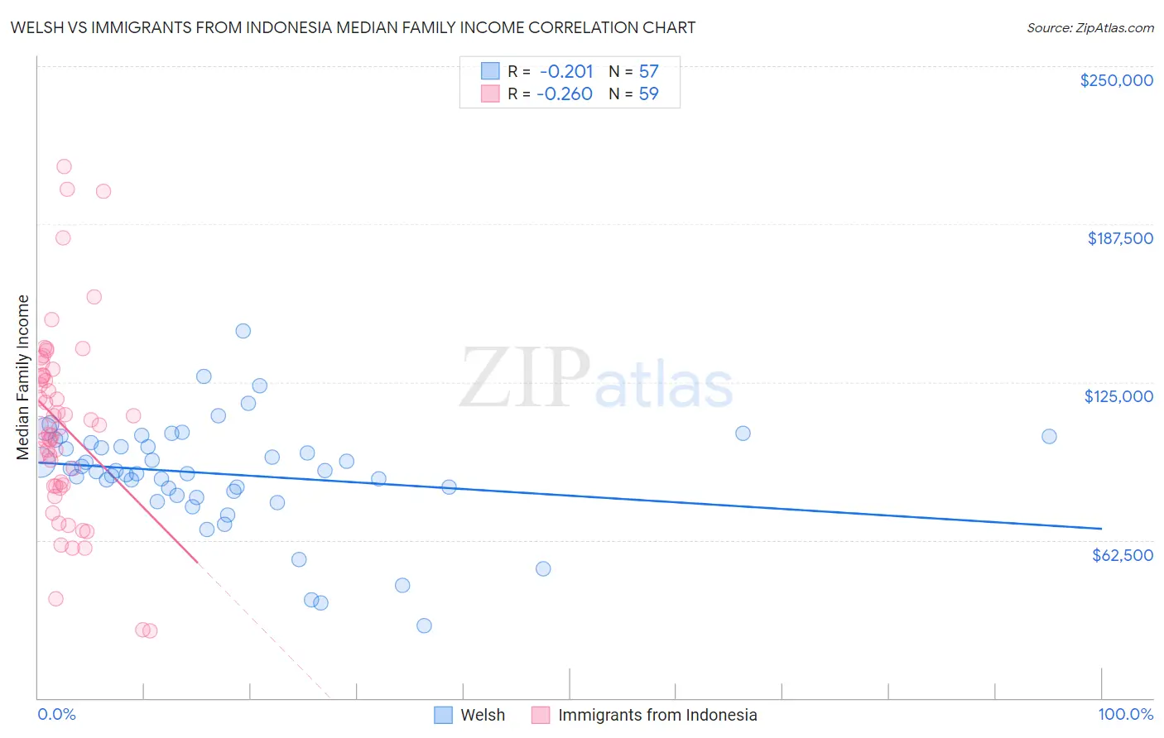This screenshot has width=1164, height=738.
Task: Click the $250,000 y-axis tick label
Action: tap(1116, 80)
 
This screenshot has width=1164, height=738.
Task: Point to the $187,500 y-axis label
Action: tap(1119, 238)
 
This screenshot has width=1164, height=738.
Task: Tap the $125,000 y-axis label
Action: tap(1118, 396)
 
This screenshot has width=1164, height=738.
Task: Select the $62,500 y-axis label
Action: tap(1122, 555)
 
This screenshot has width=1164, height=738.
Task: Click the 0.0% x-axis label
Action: tap(56, 714)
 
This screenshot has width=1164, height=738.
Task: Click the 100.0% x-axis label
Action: tap(1125, 714)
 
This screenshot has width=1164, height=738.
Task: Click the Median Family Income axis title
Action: tap(23, 377)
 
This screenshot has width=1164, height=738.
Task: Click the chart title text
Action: tap(353, 27)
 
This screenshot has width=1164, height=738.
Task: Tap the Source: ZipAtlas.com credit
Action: tap(1089, 27)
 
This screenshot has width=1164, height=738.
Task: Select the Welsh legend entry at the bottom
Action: tap(482, 715)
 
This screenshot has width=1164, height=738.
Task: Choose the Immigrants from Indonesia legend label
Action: tap(657, 715)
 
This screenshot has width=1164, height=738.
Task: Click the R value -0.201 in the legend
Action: tap(566, 71)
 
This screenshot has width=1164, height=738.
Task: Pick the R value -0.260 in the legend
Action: tap(565, 93)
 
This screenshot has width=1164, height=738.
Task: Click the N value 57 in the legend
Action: tap(648, 71)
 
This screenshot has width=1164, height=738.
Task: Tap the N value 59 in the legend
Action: tap(648, 93)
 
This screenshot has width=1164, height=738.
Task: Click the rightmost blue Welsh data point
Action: tap(1049, 436)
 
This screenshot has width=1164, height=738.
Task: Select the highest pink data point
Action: tap(64, 166)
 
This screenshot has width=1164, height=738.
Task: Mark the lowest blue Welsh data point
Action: tap(424, 625)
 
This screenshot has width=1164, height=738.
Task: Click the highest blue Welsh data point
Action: tap(243, 331)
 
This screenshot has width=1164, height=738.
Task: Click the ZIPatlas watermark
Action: tap(596, 380)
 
